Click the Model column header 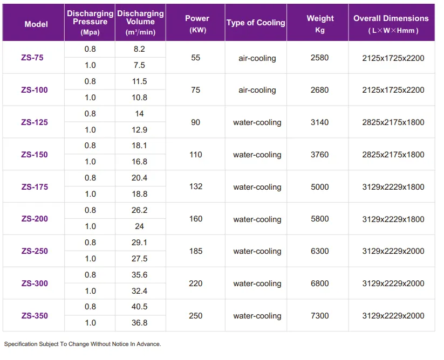click(x=36, y=24)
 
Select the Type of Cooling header click(x=256, y=23)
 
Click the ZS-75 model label click(x=32, y=58)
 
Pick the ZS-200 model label click(x=35, y=219)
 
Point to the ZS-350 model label click(x=35, y=316)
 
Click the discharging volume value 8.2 click(x=139, y=49)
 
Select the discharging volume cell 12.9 click(x=139, y=130)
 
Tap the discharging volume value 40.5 click(x=139, y=307)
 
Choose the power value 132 click(x=196, y=186)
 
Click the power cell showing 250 click(x=196, y=316)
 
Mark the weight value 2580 click(x=320, y=58)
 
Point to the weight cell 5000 click(x=320, y=187)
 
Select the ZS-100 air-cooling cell click(x=257, y=90)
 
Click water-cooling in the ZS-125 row click(x=257, y=122)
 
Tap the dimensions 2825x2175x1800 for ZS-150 click(x=393, y=155)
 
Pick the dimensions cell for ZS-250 click(x=393, y=251)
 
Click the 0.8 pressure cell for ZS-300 click(x=90, y=275)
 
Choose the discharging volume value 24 click(x=139, y=226)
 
